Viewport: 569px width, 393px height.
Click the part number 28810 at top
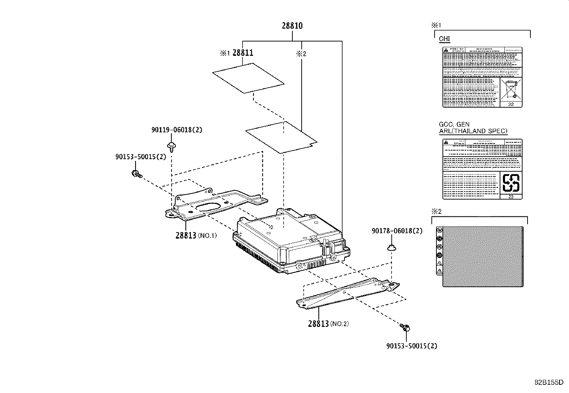pos(292,26)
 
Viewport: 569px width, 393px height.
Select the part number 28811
pos(243,53)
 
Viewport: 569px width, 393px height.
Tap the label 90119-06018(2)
pos(177,130)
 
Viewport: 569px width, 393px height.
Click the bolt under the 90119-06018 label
pos(171,146)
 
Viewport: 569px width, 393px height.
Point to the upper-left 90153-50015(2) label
pos(140,157)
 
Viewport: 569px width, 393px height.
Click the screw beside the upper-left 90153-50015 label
pos(137,174)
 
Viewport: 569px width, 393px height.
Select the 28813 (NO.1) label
pos(196,235)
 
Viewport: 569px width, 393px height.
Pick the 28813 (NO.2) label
pos(328,324)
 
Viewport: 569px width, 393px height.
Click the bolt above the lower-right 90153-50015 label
pos(405,327)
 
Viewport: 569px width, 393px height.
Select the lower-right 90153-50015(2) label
pos(411,346)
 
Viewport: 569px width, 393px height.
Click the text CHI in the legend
pos(444,39)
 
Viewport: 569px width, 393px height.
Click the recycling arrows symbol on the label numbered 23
pos(510,183)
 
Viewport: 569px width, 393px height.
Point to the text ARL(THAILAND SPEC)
pos(473,131)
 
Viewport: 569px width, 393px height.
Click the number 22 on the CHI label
pos(511,104)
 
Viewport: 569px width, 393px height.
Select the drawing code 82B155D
pos(549,382)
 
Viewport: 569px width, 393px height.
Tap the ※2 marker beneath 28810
pos(301,54)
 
